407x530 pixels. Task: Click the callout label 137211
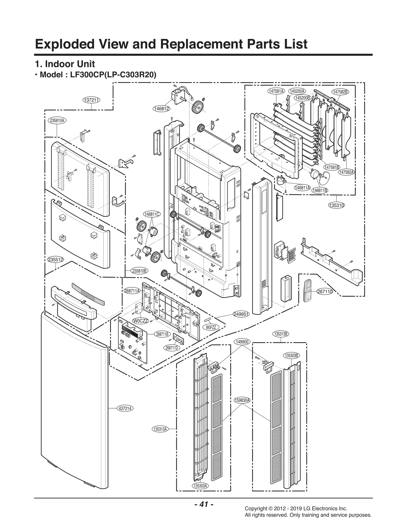[x=91, y=100]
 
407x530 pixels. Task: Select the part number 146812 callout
[x=162, y=109]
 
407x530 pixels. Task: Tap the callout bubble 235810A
[x=57, y=121]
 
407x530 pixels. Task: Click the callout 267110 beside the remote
[x=325, y=292]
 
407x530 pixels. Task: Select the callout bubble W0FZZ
[x=211, y=327]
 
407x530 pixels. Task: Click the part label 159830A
[x=242, y=400]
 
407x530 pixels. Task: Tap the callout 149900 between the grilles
[x=242, y=342]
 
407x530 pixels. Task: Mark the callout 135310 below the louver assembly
[x=337, y=205]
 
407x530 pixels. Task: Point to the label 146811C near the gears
[x=152, y=214]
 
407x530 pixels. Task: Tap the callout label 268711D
[x=172, y=348]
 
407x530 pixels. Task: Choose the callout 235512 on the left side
[x=55, y=260]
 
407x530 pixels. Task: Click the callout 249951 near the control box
[x=241, y=314]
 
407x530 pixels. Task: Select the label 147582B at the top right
[x=340, y=92]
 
